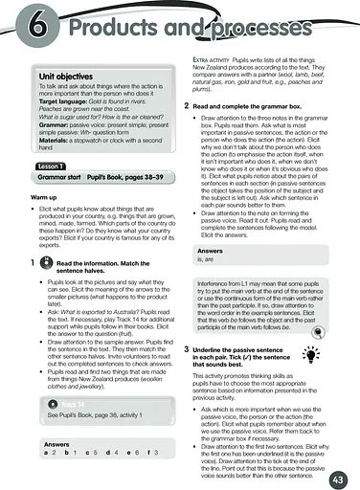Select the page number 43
pyautogui.click(x=337, y=478)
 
